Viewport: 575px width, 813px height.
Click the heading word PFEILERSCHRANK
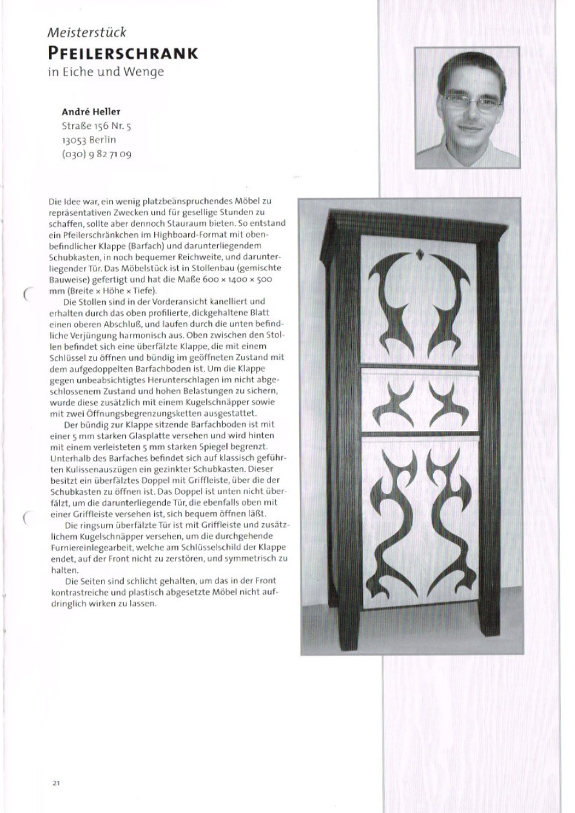click(122, 53)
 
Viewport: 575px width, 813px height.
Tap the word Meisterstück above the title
click(86, 32)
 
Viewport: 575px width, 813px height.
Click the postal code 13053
click(74, 140)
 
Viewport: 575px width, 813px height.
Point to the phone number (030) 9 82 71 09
click(96, 155)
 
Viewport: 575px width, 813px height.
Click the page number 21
click(56, 783)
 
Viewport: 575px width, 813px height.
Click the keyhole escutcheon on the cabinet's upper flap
click(418, 254)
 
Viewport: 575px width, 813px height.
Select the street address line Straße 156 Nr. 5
click(96, 125)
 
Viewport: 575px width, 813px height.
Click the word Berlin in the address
click(103, 140)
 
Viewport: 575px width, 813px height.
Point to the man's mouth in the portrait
click(469, 128)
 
